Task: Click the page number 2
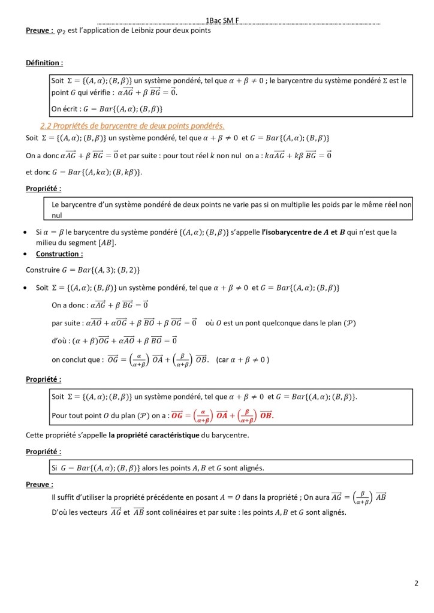tap(416, 582)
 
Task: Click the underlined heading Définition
tap(44, 62)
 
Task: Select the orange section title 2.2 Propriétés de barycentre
tap(132, 125)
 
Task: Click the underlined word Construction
tap(59, 253)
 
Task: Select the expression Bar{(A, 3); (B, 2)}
tap(101, 270)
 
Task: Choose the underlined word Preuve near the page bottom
tap(39, 484)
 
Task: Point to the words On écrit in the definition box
tap(65, 108)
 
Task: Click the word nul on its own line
tap(58, 215)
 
